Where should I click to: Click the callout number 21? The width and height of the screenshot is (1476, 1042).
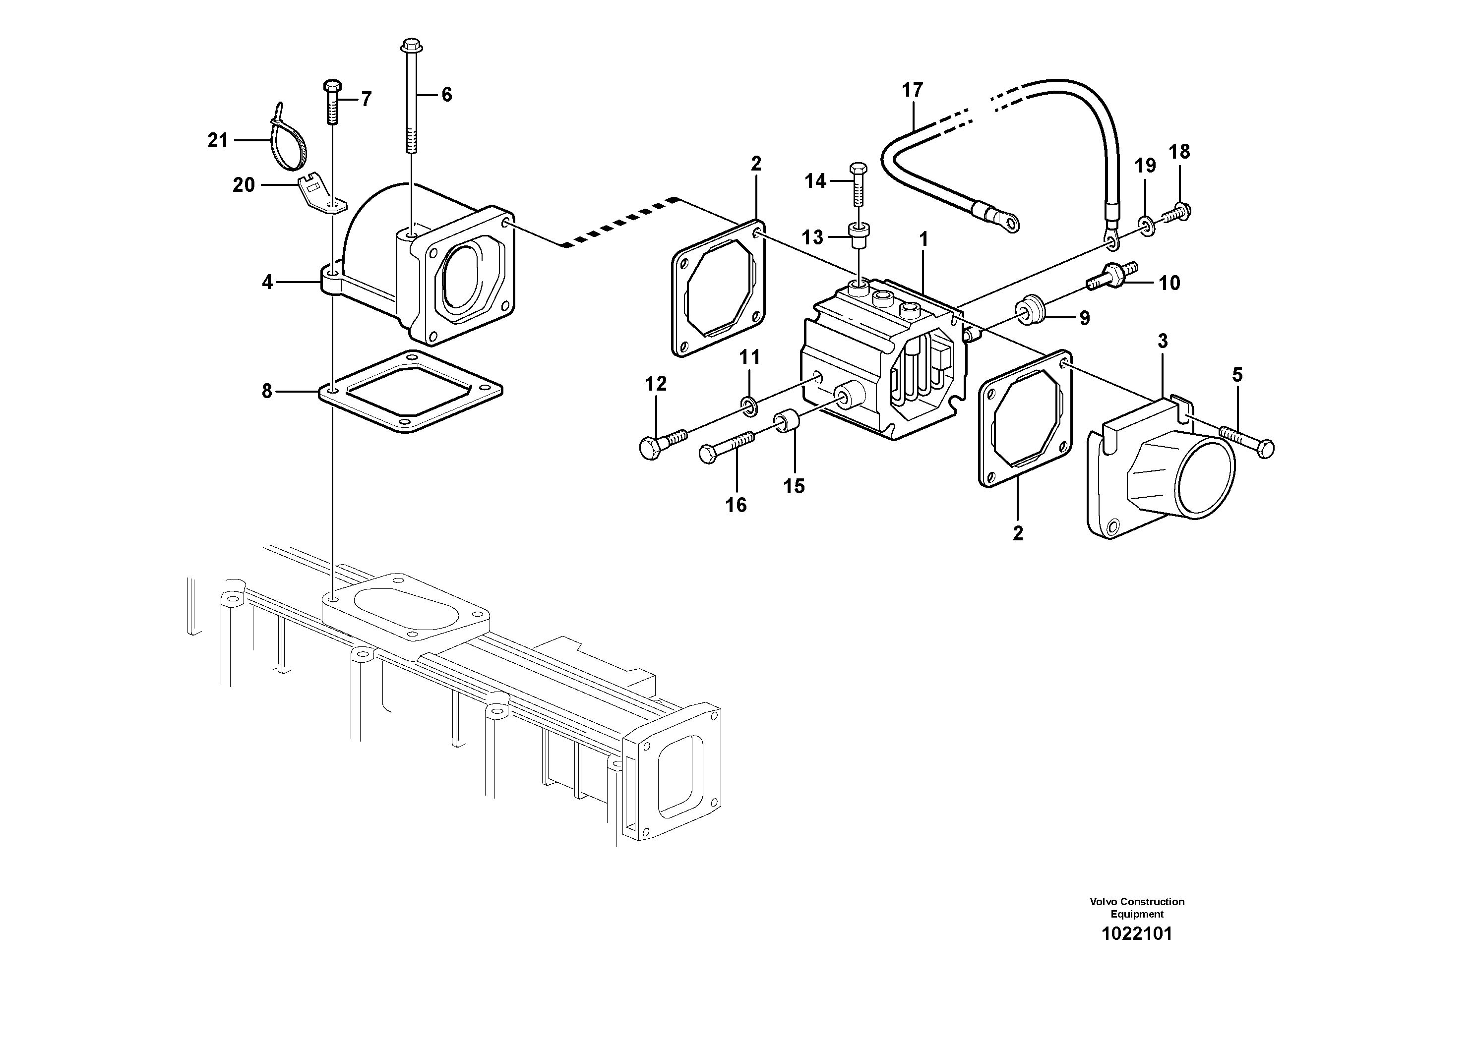(x=218, y=140)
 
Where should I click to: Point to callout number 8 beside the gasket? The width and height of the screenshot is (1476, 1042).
(x=267, y=391)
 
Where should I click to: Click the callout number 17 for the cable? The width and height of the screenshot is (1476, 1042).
(x=912, y=90)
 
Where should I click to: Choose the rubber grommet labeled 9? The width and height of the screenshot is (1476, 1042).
(x=1028, y=310)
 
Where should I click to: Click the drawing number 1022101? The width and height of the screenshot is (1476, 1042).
(x=1137, y=933)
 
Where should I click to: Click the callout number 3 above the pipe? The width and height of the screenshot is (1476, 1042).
(x=1162, y=341)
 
